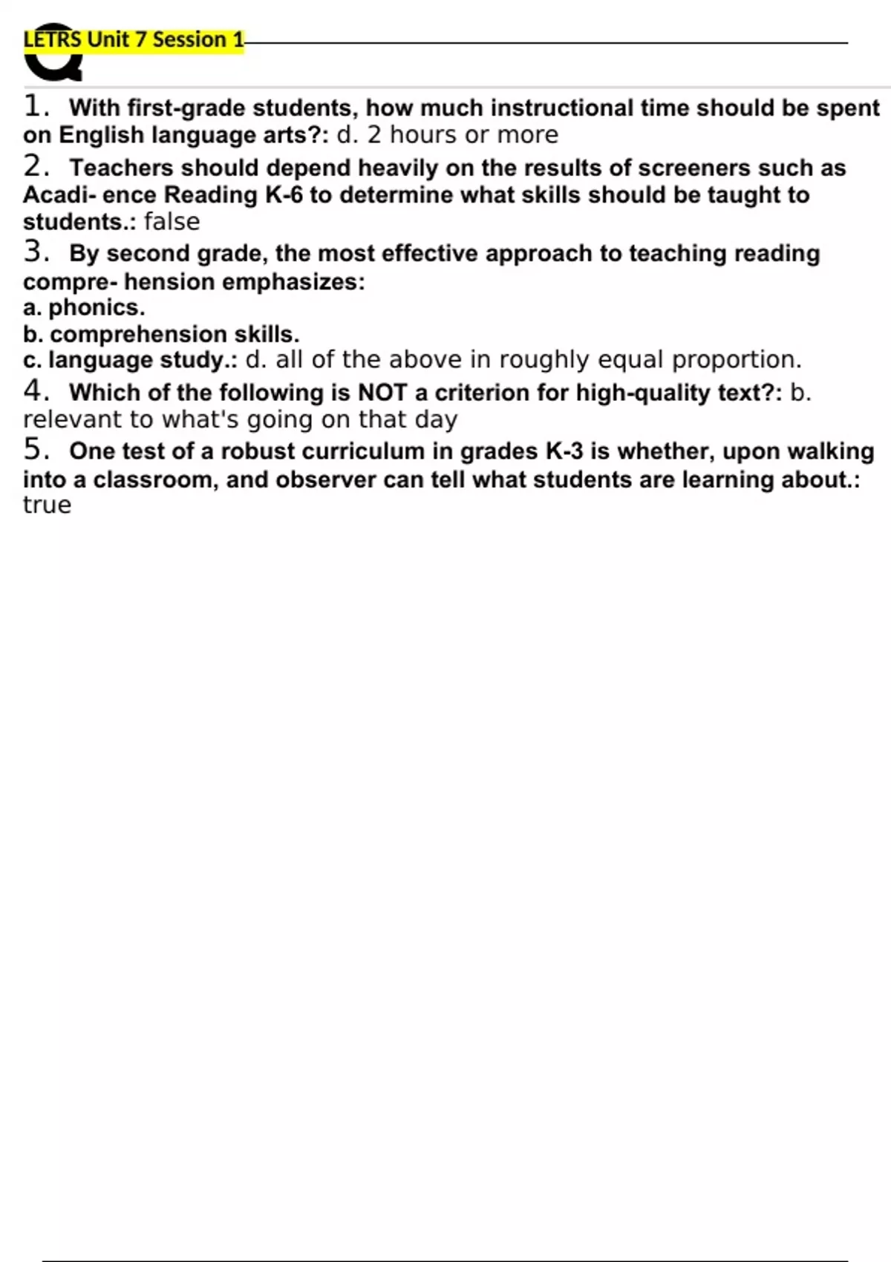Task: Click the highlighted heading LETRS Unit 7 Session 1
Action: pos(134,40)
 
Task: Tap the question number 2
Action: pos(34,166)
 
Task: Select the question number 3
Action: pos(34,252)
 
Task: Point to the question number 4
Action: pos(34,390)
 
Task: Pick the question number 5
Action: pos(34,450)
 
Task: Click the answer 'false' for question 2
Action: pos(172,222)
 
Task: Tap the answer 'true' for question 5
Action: pos(47,505)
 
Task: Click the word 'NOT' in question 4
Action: pos(382,392)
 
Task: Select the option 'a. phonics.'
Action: pos(84,307)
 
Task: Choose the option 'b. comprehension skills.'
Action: pos(161,334)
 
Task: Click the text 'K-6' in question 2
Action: pos(284,195)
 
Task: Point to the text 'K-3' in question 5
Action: pos(564,451)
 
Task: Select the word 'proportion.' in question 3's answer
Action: pos(737,360)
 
